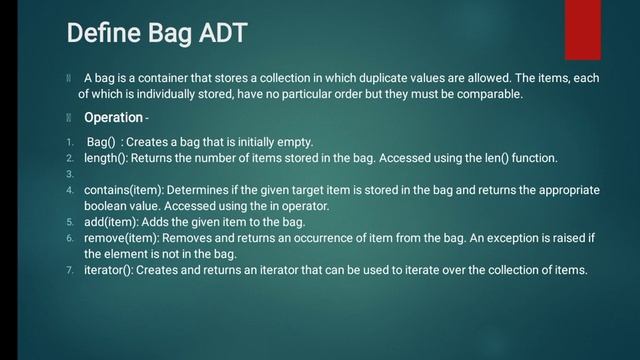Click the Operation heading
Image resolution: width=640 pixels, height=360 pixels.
click(x=112, y=118)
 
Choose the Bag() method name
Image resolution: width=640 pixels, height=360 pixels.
click(x=100, y=142)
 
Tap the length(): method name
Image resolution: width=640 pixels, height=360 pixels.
click(x=108, y=158)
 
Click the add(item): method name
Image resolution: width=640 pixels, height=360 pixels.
click(x=110, y=221)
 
